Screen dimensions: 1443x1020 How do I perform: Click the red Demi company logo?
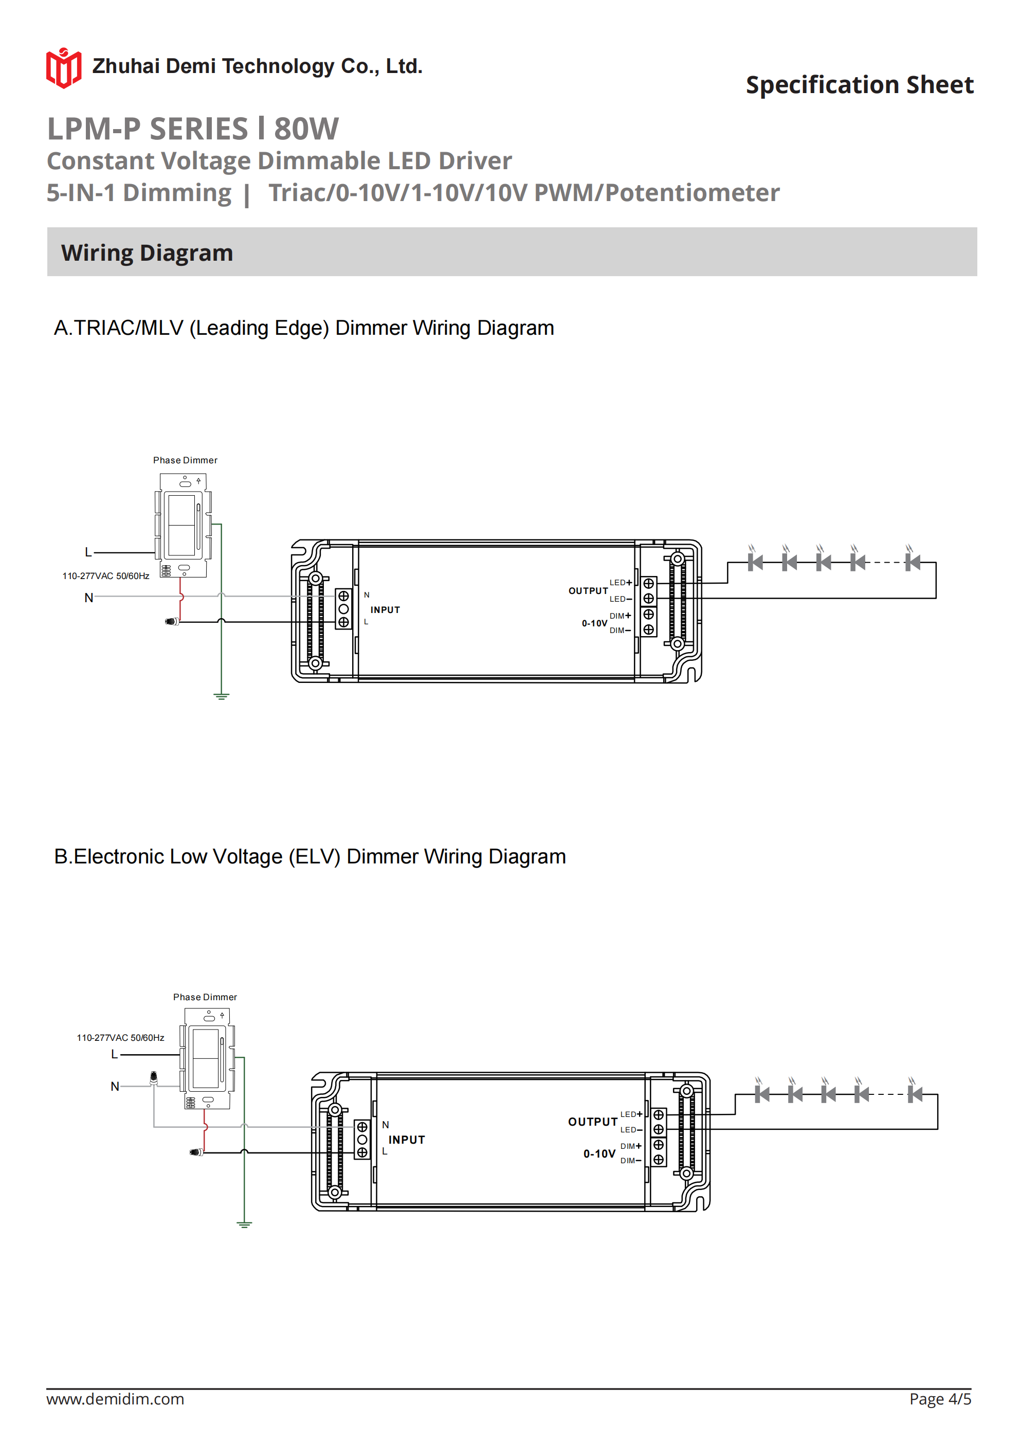coord(63,68)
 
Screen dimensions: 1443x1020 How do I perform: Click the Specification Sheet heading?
coord(859,85)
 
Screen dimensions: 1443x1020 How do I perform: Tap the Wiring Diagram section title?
coord(147,252)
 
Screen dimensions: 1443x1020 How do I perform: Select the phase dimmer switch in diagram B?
coord(207,1058)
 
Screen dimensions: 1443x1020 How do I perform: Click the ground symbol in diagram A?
coord(221,696)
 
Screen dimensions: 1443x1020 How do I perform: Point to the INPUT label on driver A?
coord(385,609)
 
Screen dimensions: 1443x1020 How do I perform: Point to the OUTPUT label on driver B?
coord(593,1122)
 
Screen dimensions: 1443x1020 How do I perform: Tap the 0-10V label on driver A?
coord(594,623)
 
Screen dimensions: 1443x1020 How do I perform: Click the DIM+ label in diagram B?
coord(630,1146)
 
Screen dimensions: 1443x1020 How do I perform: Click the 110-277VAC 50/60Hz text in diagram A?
coord(105,575)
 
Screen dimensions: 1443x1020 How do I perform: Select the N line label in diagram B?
coord(114,1086)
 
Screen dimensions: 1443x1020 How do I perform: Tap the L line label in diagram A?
coord(88,552)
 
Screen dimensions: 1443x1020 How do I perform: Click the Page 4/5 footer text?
coord(940,1399)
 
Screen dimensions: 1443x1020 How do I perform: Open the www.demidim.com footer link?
coord(115,1399)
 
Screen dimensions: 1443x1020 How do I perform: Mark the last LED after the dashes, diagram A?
coord(913,562)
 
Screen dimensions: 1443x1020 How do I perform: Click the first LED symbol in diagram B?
coord(762,1094)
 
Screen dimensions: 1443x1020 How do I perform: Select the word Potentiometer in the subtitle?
coord(692,192)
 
